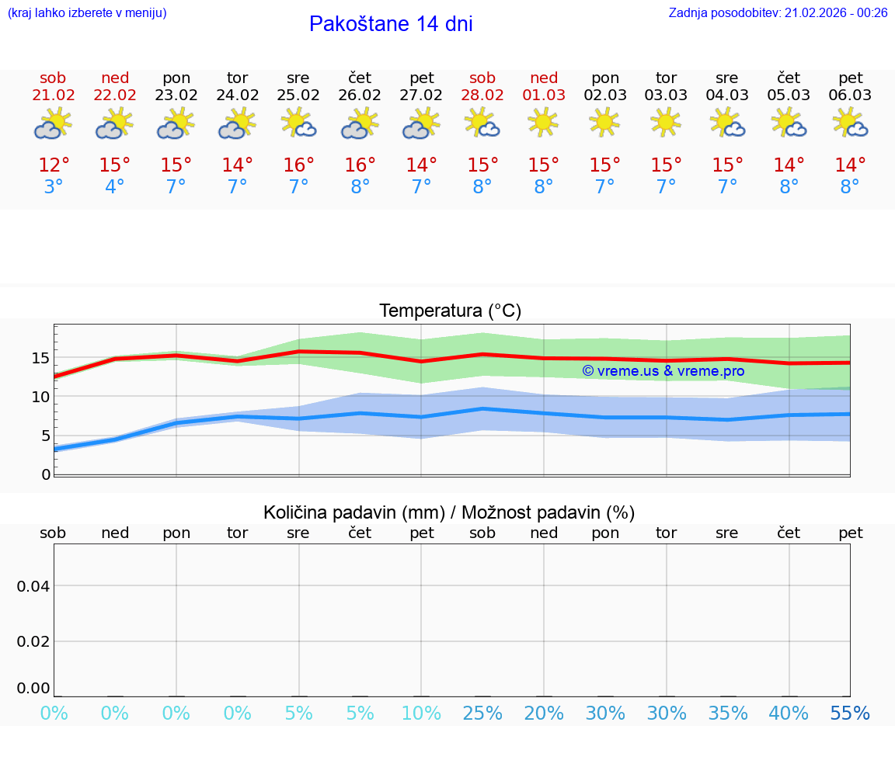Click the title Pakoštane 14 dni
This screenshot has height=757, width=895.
tap(391, 24)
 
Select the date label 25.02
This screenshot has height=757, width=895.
tap(298, 95)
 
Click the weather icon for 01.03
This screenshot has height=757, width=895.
tap(543, 123)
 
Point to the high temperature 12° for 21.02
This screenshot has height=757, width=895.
tap(54, 165)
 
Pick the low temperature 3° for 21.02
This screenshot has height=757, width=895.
tap(54, 187)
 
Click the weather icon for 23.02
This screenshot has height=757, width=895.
tap(176, 123)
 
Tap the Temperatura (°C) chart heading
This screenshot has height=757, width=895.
tap(450, 311)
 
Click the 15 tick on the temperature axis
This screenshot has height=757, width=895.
tap(40, 358)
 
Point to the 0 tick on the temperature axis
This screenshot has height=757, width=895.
tap(46, 474)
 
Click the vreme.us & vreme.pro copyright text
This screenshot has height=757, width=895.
tap(663, 371)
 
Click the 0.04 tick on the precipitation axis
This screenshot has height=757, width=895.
tap(34, 585)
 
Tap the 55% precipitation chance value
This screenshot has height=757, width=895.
tap(850, 714)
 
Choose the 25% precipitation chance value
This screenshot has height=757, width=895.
tap(482, 714)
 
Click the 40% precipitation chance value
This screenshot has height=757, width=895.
tap(789, 714)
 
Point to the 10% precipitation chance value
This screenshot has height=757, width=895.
tap(421, 714)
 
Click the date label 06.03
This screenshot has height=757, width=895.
tap(850, 95)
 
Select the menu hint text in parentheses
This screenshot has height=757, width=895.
tap(87, 12)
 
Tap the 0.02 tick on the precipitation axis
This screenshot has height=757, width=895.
tap(34, 641)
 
